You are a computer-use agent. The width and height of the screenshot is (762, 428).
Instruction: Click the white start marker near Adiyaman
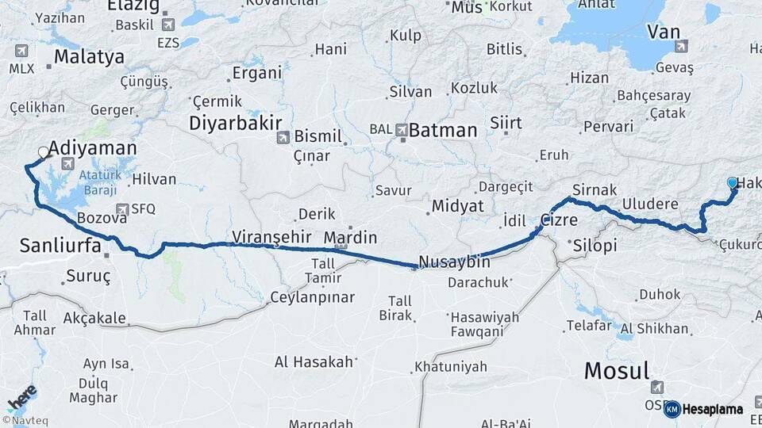(44, 152)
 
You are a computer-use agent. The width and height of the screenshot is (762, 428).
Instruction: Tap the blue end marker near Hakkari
(732, 183)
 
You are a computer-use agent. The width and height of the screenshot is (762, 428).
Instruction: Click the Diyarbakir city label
(235, 123)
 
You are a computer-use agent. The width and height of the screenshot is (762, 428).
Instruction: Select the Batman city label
(443, 130)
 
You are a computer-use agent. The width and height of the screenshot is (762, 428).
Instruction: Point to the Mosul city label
(617, 370)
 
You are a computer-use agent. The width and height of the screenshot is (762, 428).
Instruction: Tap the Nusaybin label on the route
(454, 262)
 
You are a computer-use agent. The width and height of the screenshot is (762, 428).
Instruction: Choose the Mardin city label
(350, 237)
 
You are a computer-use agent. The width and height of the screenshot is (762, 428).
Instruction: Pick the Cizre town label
(559, 220)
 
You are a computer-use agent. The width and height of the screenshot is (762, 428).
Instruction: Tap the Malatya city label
(89, 57)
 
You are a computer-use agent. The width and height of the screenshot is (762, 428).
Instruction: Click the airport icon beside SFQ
(121, 209)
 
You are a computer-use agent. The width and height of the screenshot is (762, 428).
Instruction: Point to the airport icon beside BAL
(401, 129)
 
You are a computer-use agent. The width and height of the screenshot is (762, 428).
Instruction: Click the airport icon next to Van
(681, 47)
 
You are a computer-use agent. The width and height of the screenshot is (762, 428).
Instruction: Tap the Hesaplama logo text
(712, 409)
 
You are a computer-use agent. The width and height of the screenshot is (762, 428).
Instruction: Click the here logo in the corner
(22, 397)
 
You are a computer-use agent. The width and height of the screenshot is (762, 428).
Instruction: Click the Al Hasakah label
(313, 362)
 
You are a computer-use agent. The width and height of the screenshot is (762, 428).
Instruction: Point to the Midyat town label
(457, 206)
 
